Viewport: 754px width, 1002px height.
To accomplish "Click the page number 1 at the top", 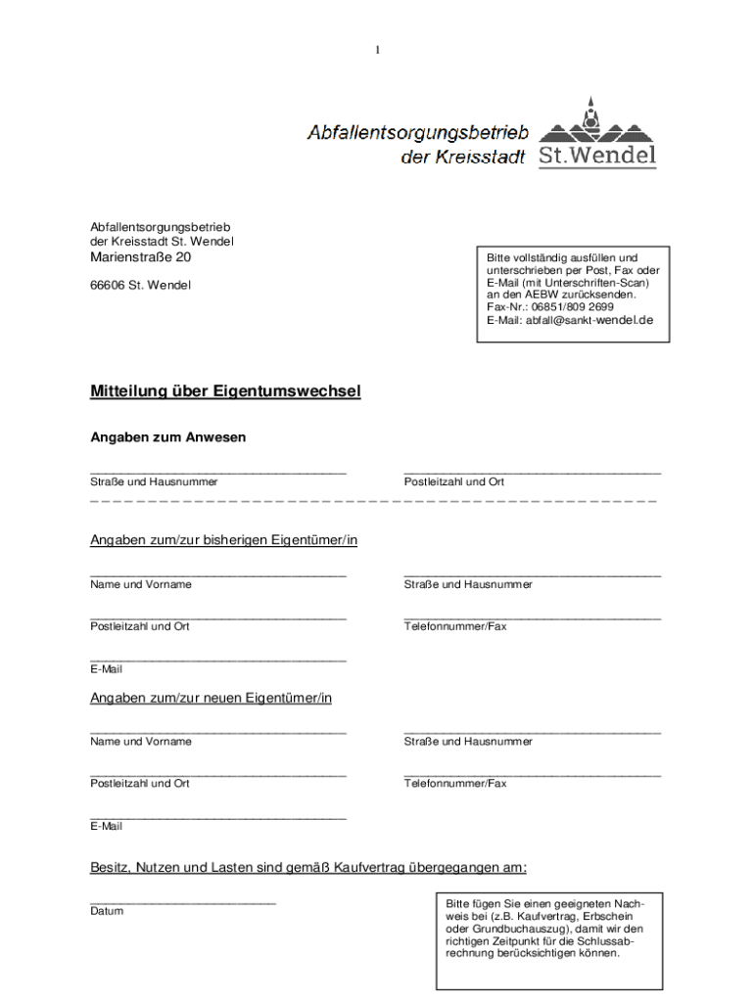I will point(377,50).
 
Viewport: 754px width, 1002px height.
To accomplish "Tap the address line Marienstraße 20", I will point(141,258).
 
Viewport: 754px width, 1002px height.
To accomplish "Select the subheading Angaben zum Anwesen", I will point(167,437).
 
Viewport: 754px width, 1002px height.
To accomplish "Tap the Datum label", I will point(107,911).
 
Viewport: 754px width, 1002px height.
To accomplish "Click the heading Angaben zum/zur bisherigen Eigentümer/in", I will point(223,540).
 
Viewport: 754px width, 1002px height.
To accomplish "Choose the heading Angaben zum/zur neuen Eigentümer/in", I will point(211,698).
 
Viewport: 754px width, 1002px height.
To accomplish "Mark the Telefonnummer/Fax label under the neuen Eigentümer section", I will point(455,784).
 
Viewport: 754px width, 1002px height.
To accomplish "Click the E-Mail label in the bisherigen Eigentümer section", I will point(106,669).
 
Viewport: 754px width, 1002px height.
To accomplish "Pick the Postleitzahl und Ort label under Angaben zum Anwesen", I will point(454,482).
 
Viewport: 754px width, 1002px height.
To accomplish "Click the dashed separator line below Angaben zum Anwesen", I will point(373,501).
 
